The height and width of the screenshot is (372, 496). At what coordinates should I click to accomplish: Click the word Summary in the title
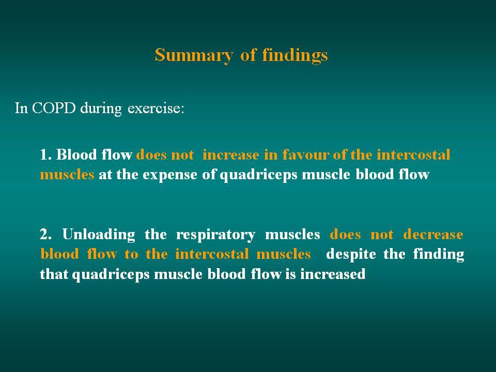point(194,56)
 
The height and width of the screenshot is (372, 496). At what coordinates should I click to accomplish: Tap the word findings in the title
point(295,55)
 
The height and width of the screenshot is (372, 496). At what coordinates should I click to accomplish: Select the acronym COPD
point(54,108)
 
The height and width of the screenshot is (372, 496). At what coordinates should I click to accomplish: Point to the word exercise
point(156,108)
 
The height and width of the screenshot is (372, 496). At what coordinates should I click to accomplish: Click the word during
point(101,109)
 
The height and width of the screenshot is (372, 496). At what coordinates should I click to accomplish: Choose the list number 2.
point(45,235)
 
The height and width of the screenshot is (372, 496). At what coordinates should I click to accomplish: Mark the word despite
point(351,255)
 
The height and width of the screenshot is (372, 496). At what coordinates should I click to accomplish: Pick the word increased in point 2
point(333,274)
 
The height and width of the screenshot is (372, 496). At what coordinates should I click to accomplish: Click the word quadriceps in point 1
point(258,176)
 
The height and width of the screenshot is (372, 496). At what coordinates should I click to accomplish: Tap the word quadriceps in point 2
point(111,274)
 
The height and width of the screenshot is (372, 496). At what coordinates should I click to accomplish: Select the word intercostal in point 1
point(413,155)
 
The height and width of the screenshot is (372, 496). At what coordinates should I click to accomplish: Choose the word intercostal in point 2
point(212,254)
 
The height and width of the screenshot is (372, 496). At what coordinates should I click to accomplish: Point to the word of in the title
point(247,55)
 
